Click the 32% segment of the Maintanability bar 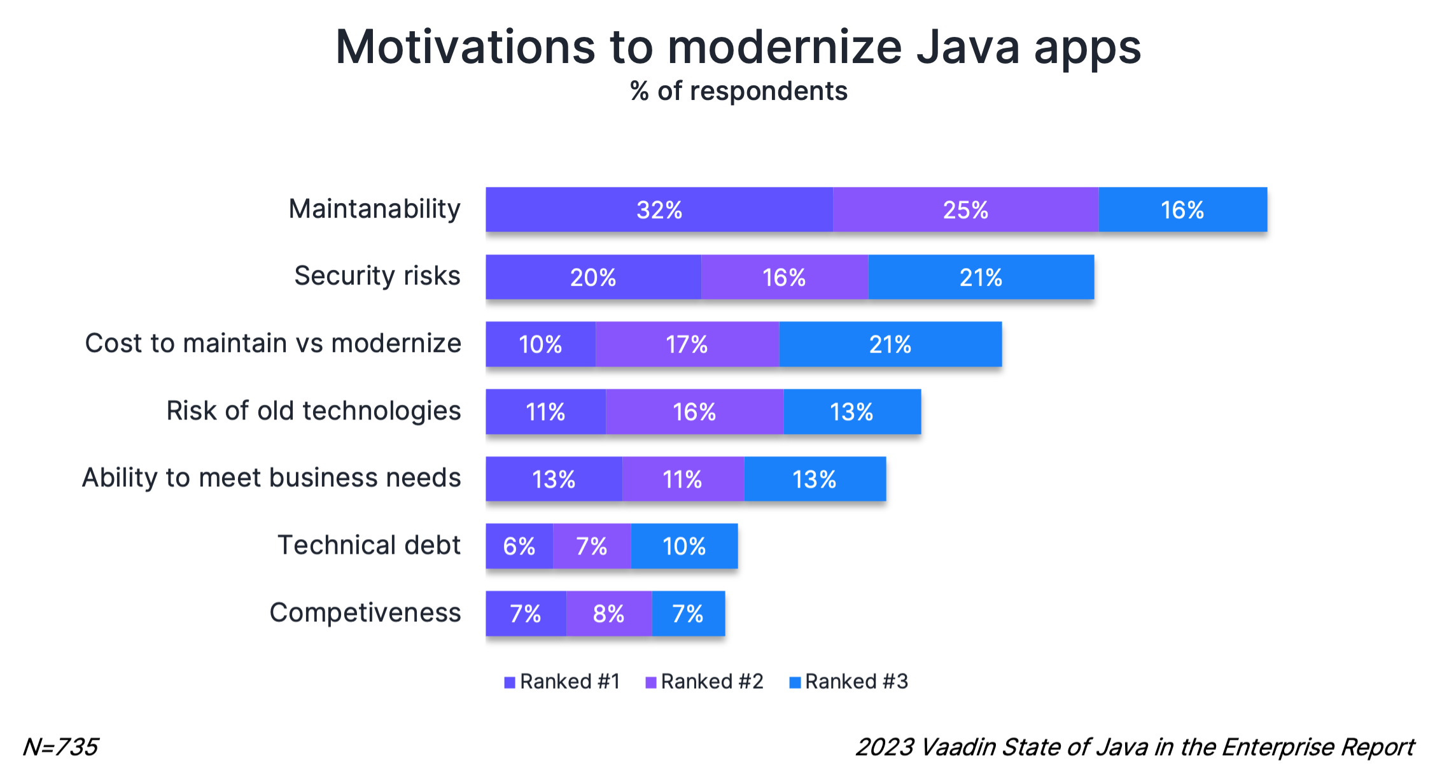(659, 209)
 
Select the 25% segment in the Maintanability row (965, 209)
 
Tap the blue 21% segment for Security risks (981, 277)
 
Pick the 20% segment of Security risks (593, 277)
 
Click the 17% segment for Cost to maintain (687, 344)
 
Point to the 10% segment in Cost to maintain (540, 344)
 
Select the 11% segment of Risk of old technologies (545, 412)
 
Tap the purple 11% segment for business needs (682, 479)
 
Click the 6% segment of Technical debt (519, 546)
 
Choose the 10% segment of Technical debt (684, 546)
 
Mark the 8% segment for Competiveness (608, 614)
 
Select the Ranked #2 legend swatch (651, 682)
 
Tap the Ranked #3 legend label (856, 682)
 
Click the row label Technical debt (368, 546)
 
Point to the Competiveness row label (365, 613)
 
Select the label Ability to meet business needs (271, 478)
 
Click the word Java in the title (967, 48)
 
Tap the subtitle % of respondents (738, 92)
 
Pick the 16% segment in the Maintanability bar (1182, 209)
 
